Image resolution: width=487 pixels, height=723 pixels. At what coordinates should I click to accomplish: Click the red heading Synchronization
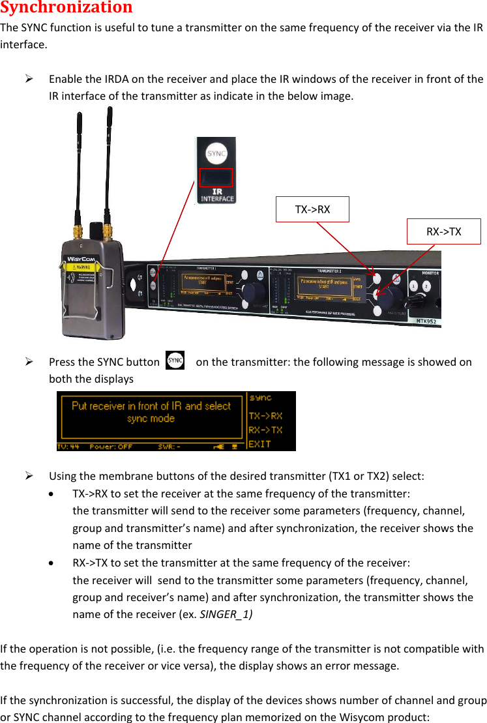(66, 8)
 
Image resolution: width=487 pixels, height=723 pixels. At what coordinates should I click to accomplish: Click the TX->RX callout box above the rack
(312, 209)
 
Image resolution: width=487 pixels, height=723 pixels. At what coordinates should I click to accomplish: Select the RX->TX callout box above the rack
(443, 231)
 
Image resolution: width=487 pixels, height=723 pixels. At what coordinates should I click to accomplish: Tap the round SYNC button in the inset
(216, 153)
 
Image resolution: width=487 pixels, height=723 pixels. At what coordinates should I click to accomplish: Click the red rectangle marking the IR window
(216, 177)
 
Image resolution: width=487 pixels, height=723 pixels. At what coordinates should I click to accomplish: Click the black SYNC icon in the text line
(175, 361)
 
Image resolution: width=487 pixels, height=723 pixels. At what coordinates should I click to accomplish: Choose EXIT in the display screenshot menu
(260, 443)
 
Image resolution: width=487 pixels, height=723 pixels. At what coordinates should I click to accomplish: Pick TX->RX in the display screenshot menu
(265, 415)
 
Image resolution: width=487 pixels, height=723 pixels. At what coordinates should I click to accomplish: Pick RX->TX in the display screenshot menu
(265, 430)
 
